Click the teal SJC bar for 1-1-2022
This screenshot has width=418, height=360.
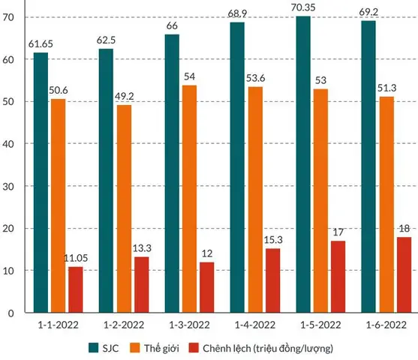[x=41, y=182]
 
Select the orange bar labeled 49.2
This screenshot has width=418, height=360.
[x=125, y=208]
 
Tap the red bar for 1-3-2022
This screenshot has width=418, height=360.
[x=207, y=287]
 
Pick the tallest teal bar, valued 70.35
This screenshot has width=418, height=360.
[x=303, y=164]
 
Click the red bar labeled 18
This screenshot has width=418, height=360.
[x=404, y=274]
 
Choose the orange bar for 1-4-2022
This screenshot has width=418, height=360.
[x=255, y=199]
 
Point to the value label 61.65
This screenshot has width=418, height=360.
[x=41, y=44]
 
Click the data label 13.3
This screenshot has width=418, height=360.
[x=142, y=248]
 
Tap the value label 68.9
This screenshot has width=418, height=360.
[x=237, y=13]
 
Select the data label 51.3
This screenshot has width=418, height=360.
[x=386, y=88]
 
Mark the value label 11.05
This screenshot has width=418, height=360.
[x=76, y=258]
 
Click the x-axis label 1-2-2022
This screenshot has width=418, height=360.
[x=124, y=325]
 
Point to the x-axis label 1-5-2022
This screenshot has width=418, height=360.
[x=320, y=325]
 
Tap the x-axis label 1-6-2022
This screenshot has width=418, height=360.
[x=386, y=325]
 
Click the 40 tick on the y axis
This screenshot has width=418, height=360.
[x=8, y=144]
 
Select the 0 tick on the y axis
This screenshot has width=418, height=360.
[x=11, y=313]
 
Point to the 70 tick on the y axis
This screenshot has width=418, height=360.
[x=8, y=17]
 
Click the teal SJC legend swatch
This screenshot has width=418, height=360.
[x=94, y=348]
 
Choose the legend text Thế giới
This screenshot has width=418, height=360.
[x=161, y=348]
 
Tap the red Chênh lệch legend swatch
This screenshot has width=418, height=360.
[x=194, y=348]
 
